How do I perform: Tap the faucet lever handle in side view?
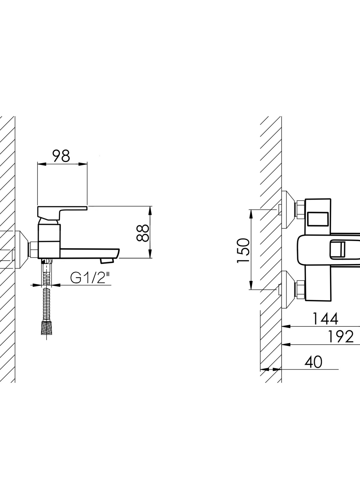(62, 212)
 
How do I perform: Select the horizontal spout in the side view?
(90, 253)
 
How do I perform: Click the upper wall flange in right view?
(288, 210)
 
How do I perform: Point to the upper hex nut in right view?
(300, 210)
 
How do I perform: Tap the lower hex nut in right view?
(300, 290)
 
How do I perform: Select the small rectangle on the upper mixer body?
(318, 219)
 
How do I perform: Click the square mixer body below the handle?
(49, 241)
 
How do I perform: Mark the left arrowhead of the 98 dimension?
(42, 164)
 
